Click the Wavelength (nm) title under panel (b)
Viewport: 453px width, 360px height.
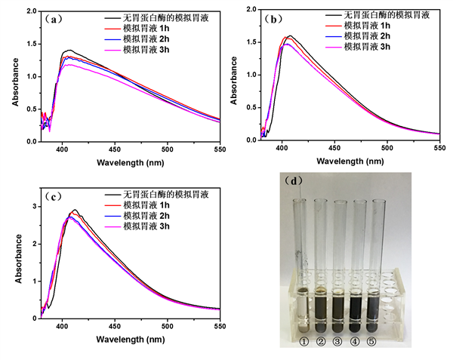(x=347, y=161)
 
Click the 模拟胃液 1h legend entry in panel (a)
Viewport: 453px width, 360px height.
(x=146, y=26)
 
